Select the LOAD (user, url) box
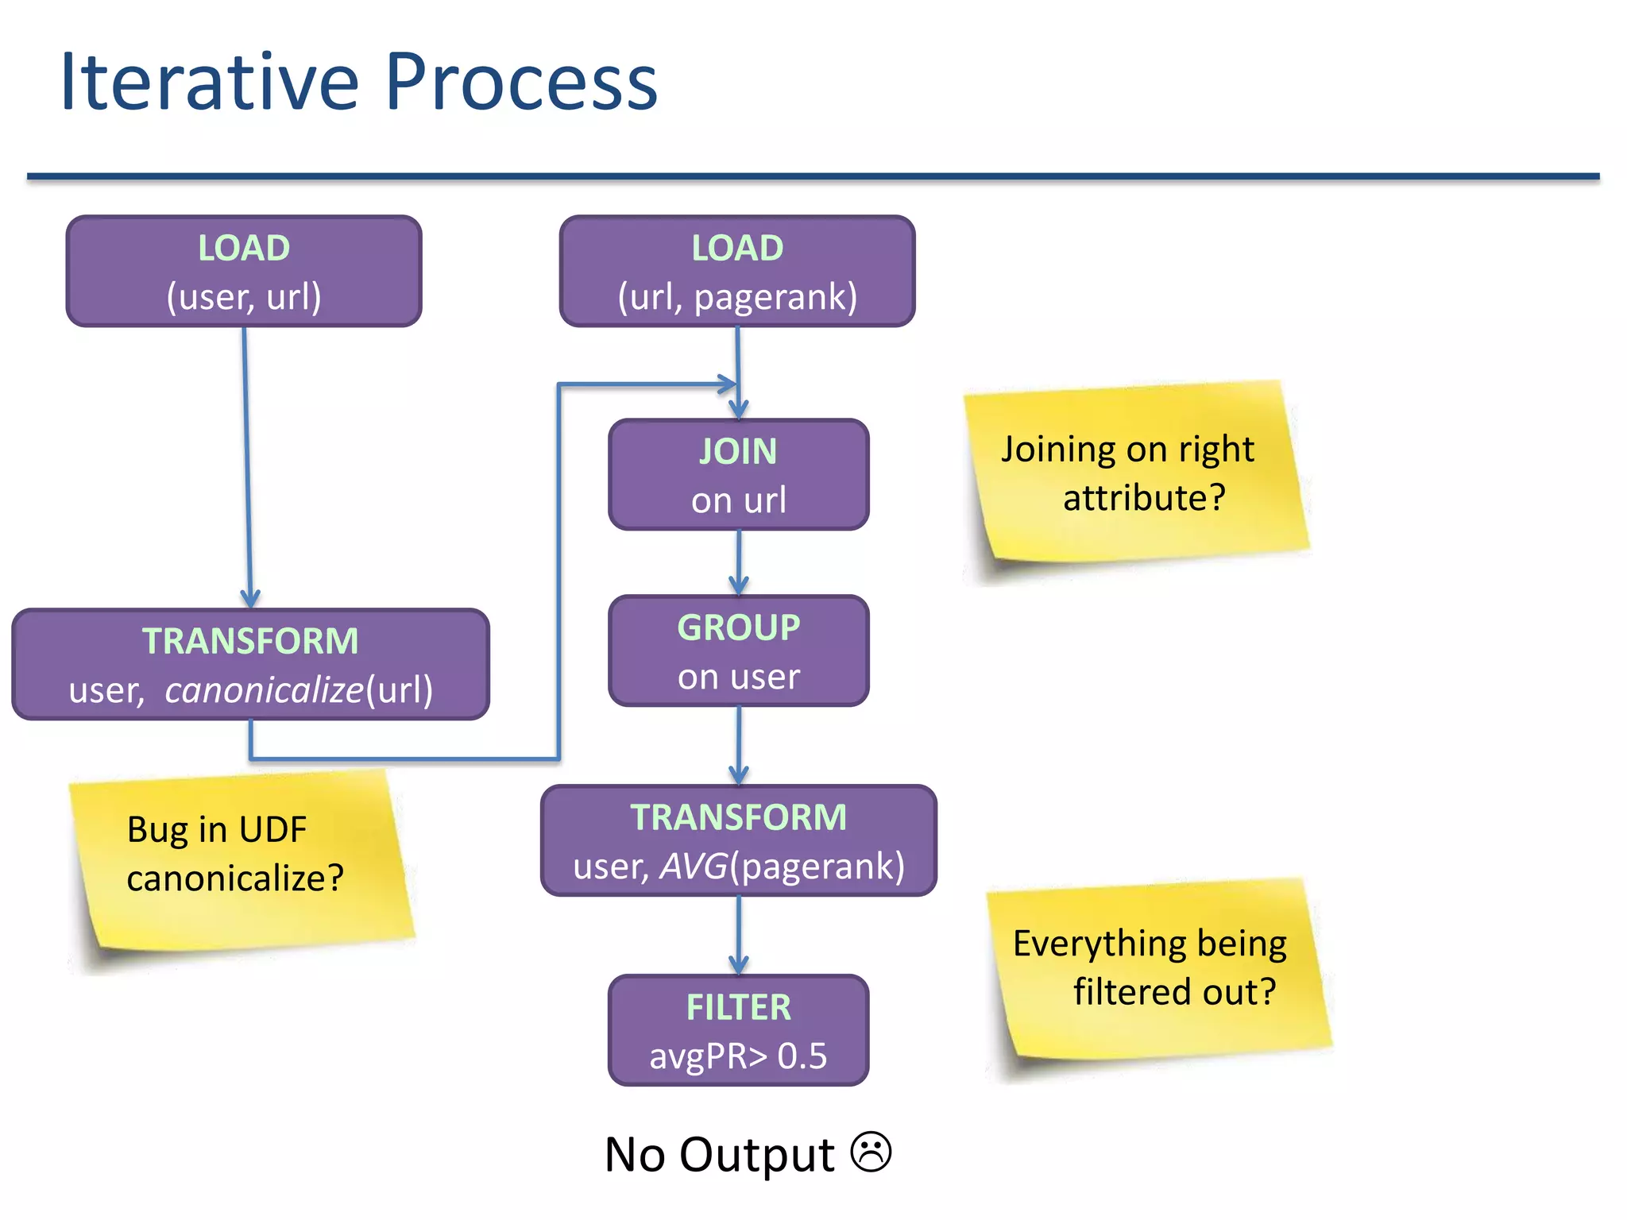(244, 272)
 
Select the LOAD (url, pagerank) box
(737, 272)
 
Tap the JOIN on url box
(739, 475)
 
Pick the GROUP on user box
(739, 651)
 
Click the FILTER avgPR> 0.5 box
(739, 1031)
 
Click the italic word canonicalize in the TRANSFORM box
(264, 689)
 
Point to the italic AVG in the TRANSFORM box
(694, 866)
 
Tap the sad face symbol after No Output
(871, 1152)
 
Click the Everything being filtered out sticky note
(1156, 969)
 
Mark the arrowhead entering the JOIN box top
(739, 410)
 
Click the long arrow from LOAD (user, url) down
(247, 469)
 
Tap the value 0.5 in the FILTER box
(802, 1056)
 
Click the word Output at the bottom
(756, 1155)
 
